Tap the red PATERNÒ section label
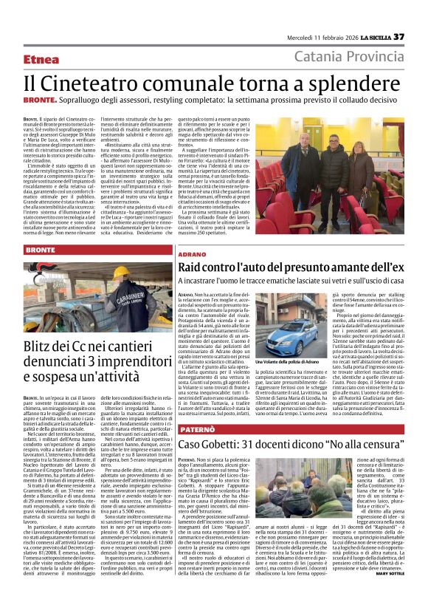pos(196,428)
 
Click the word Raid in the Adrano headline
pos(194,266)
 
